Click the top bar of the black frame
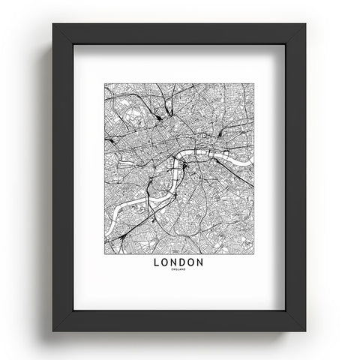click(180, 34)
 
